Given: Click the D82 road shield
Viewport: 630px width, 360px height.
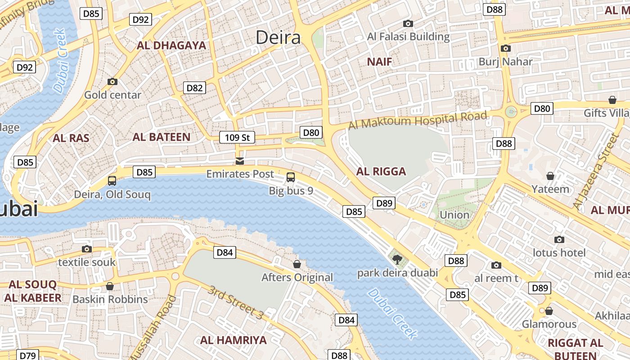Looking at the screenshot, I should (194, 88).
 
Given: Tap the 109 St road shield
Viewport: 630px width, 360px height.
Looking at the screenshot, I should (237, 137).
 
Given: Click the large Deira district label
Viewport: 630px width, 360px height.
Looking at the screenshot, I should (278, 37).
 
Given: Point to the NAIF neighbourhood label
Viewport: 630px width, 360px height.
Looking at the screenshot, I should (379, 62).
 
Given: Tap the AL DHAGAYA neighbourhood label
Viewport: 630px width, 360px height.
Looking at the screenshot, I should (171, 45).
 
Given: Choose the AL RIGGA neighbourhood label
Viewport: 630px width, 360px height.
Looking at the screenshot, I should (381, 171).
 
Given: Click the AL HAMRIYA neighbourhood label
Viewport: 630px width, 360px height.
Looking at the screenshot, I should (234, 340).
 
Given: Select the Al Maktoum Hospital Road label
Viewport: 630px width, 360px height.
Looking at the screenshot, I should (418, 121).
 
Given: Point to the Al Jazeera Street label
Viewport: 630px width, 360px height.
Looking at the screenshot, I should (596, 171).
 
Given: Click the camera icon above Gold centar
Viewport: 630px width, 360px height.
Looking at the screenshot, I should (112, 81).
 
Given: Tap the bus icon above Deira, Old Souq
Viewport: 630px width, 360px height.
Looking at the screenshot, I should (112, 181).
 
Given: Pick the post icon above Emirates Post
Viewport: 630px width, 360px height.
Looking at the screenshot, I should (240, 161).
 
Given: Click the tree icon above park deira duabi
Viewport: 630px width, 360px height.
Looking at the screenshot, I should (397, 259).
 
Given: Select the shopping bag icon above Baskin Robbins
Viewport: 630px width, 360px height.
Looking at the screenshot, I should (110, 286).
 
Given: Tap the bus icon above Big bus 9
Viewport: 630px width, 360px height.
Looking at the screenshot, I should (291, 177).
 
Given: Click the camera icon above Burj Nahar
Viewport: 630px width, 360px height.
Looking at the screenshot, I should (505, 48).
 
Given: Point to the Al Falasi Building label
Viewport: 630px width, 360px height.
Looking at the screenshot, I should (409, 37).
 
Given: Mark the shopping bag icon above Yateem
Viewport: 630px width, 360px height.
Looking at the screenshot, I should (550, 176).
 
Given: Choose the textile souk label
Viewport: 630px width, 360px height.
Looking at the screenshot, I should (87, 262).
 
